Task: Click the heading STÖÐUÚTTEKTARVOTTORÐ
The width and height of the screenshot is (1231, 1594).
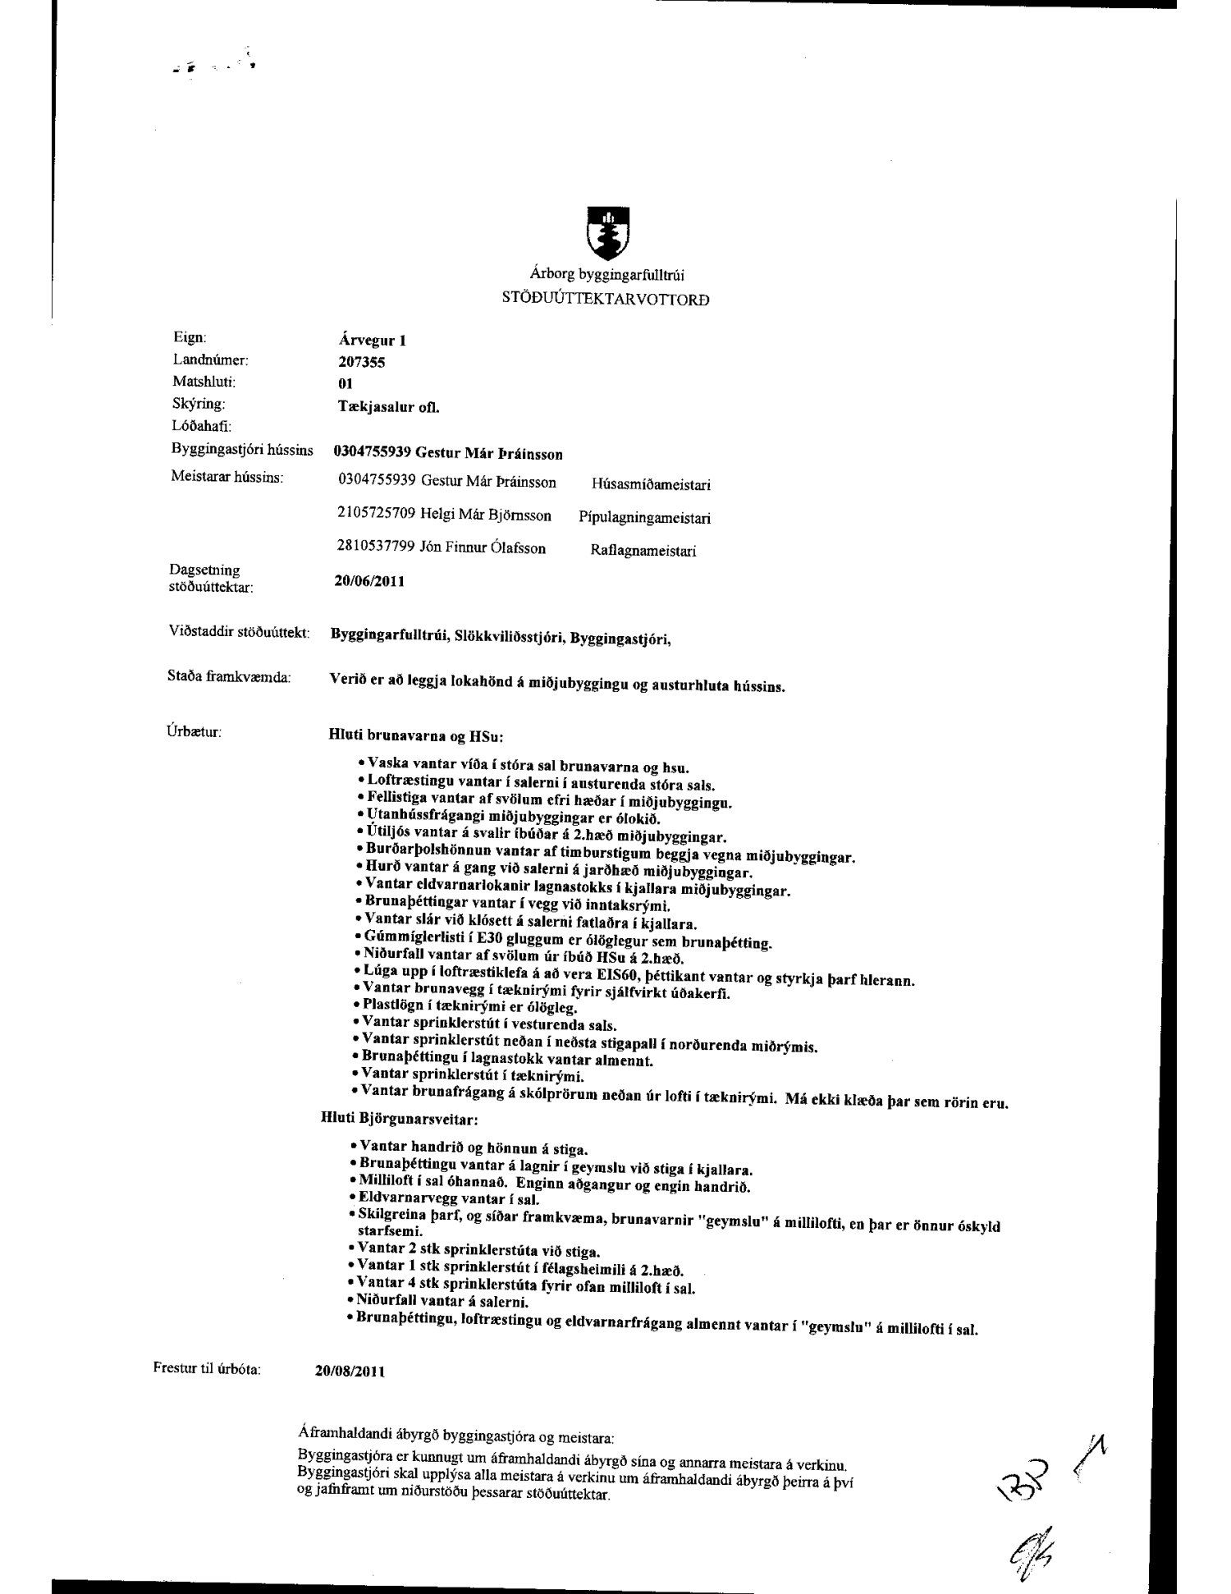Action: [606, 299]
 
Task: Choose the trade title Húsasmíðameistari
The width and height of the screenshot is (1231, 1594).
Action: [650, 484]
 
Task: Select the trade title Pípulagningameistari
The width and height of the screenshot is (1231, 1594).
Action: [644, 518]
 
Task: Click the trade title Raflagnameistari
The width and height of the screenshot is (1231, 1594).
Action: [643, 551]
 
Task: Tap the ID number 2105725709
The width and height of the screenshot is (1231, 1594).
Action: [377, 515]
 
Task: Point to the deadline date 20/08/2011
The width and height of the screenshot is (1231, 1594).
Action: [350, 1371]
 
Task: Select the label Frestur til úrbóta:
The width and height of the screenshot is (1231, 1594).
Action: [207, 1368]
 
